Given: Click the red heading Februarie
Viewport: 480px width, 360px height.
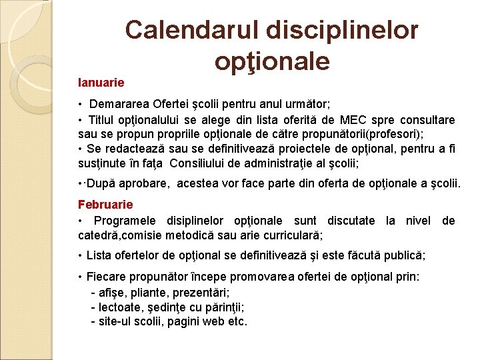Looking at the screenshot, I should pyautogui.click(x=105, y=205).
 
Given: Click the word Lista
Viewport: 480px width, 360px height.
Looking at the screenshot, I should pyautogui.click(x=99, y=255).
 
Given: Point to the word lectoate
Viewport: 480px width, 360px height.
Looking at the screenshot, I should pyautogui.click(x=119, y=307).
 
